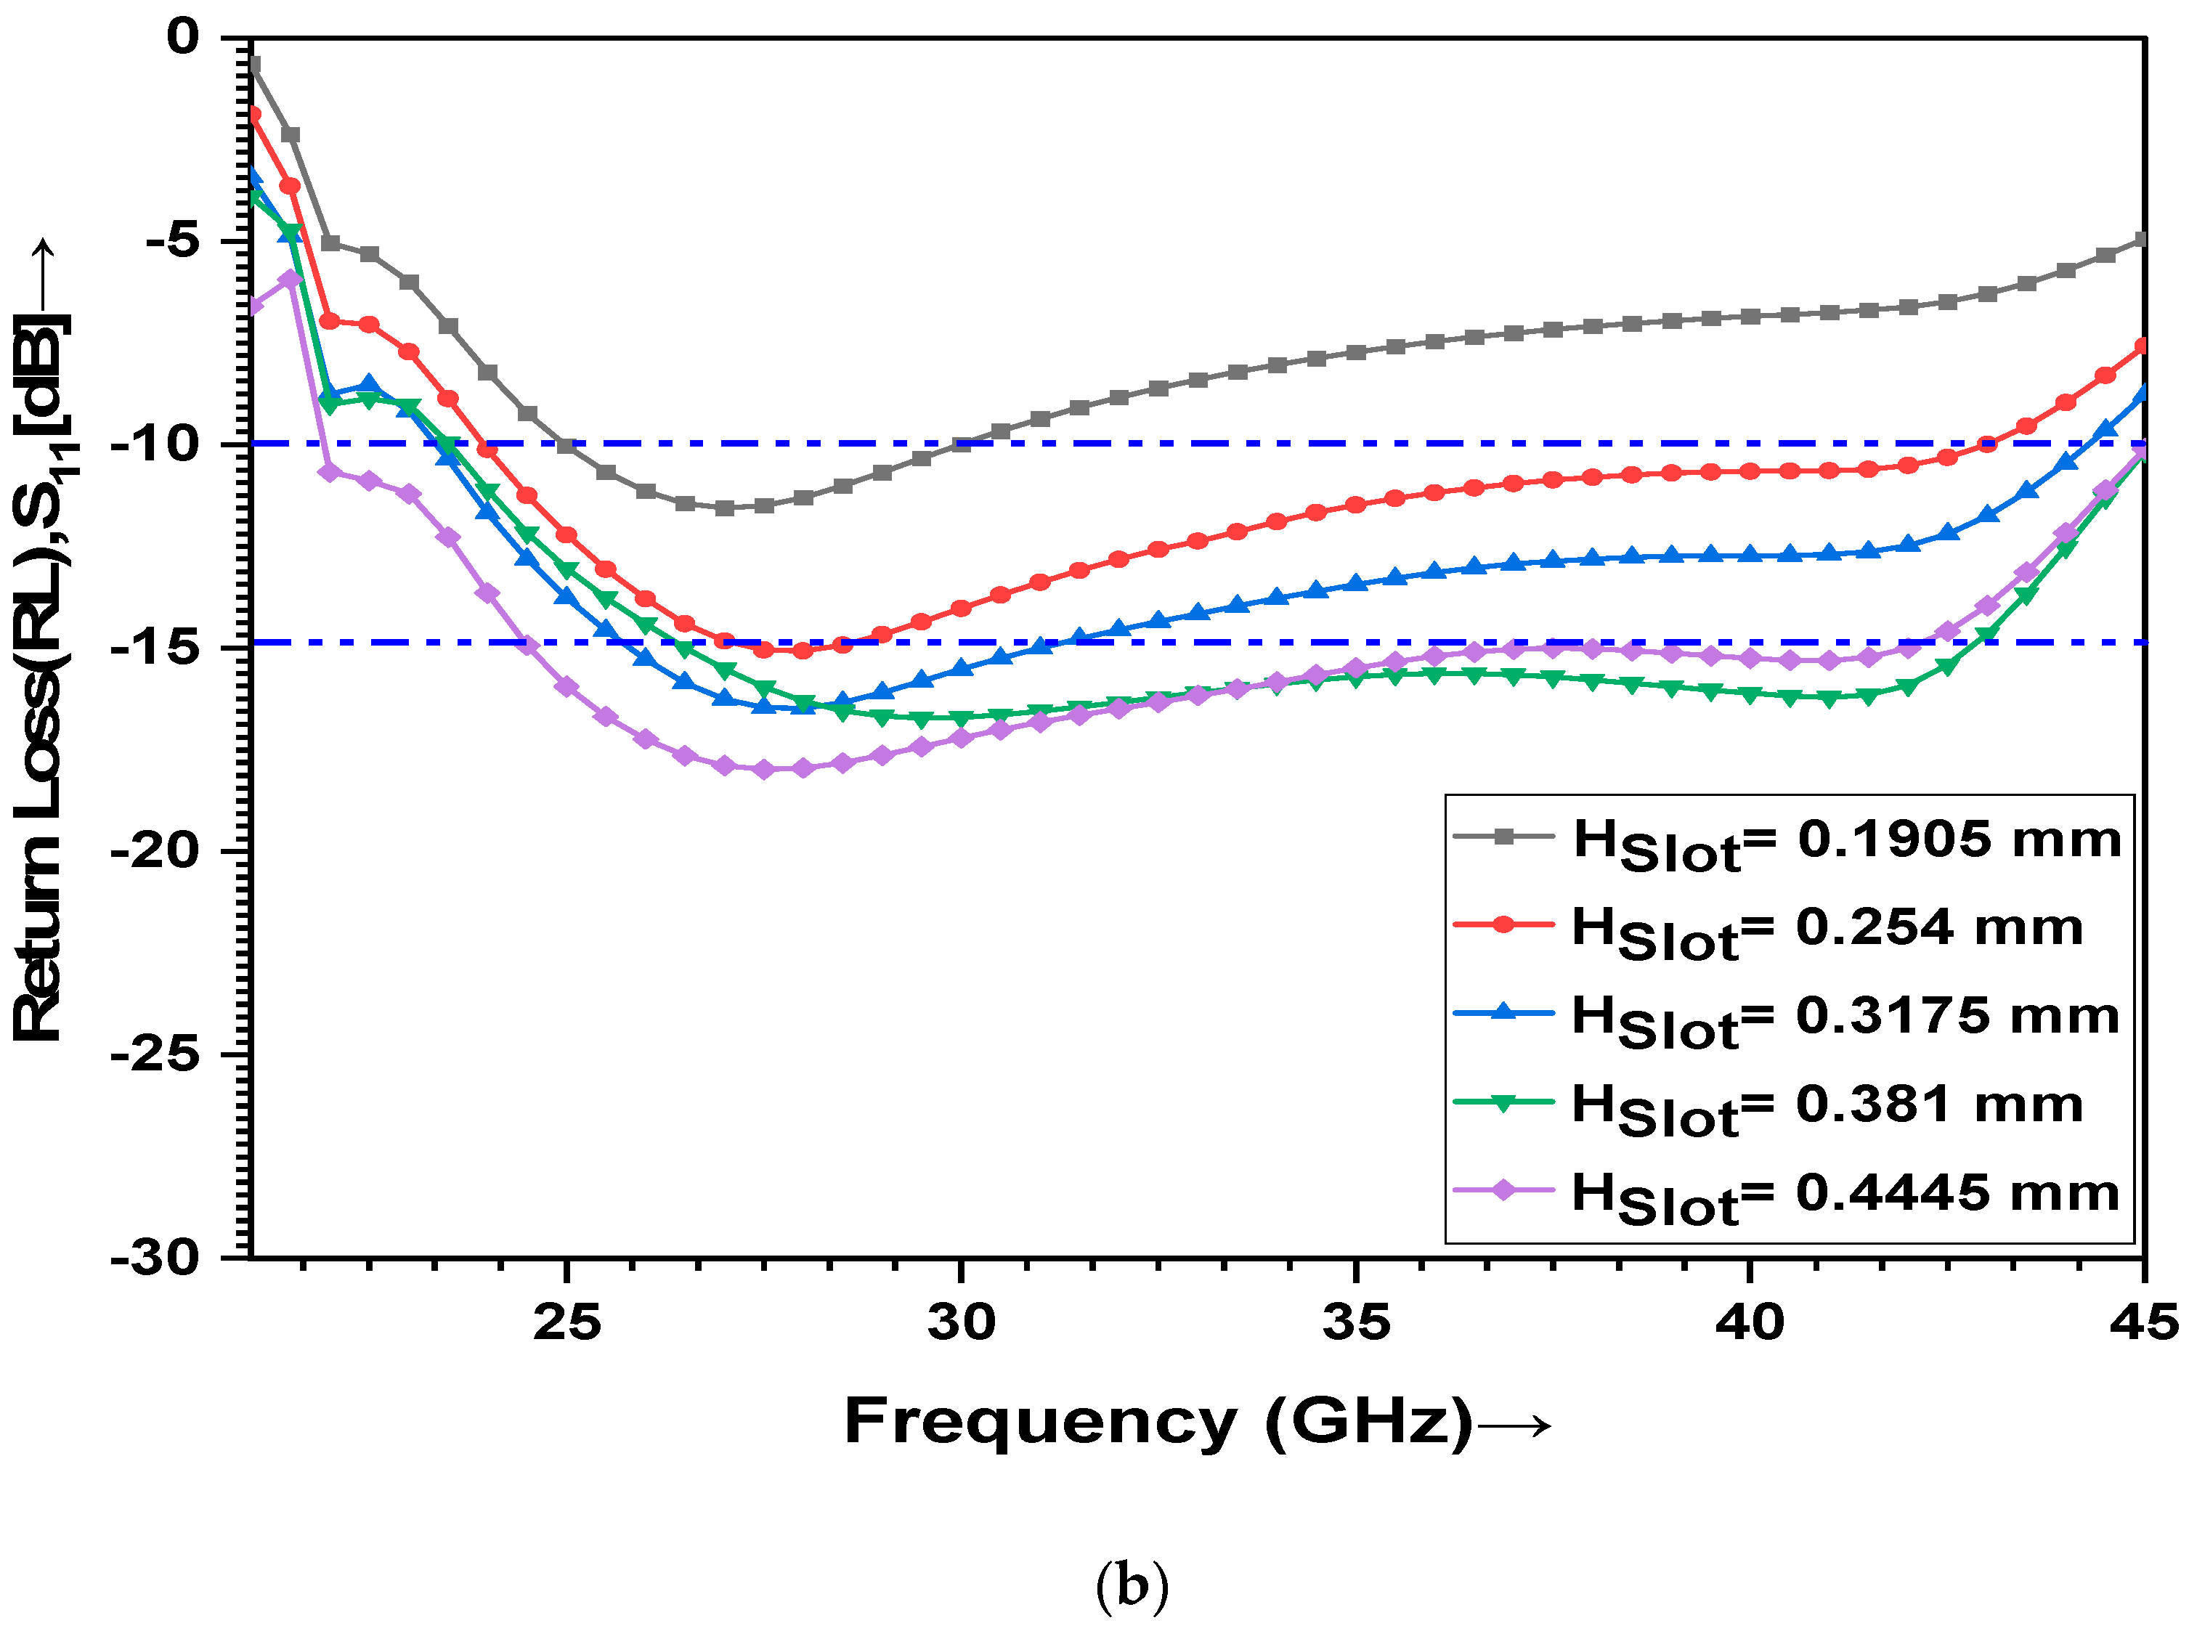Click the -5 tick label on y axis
coord(173,241)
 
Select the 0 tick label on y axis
coord(184,38)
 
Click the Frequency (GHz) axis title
coord(1157,1423)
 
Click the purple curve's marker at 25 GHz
coord(566,687)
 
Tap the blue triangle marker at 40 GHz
coord(1750,555)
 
